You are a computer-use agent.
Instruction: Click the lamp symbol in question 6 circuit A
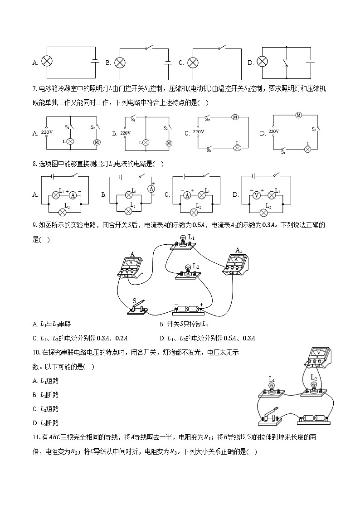click(47, 62)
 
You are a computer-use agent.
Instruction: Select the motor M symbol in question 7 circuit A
click(96, 142)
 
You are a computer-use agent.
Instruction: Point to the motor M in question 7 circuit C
click(235, 117)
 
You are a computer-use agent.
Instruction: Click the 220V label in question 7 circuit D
click(273, 131)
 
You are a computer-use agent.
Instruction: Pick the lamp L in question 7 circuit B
click(146, 142)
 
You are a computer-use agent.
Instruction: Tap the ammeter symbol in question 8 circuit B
click(152, 188)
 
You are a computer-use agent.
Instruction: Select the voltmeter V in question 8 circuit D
click(257, 195)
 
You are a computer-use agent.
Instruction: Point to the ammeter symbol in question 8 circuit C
click(187, 195)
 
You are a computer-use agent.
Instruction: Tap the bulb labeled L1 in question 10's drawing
click(272, 388)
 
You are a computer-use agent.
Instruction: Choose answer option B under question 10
click(45, 395)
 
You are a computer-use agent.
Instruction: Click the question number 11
click(37, 437)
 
